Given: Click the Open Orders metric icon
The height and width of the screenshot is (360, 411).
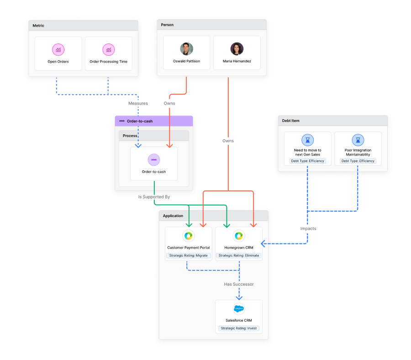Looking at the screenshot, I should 58,49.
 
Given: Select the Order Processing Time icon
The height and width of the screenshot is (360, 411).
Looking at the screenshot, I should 108,49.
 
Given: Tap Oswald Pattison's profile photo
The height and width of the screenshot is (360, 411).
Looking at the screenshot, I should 186,49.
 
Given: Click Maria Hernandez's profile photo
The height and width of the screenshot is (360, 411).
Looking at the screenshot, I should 237,49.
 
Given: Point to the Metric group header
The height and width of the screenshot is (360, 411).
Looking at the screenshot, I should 39,26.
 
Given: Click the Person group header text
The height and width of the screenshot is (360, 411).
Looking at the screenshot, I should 168,25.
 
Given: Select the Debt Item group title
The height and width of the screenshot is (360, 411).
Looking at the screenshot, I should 290,121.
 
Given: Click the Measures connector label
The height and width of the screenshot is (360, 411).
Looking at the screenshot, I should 137,103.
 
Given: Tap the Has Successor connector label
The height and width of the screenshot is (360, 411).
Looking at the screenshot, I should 238,284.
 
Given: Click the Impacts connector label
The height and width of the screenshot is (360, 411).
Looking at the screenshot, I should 308,228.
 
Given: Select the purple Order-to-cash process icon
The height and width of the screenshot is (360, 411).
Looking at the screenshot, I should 154,159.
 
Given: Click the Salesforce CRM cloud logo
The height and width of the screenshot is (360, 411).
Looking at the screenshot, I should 238,308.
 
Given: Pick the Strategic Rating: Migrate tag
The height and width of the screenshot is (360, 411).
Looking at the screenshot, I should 188,255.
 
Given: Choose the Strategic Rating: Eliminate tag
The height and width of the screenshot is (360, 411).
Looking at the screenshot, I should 238,255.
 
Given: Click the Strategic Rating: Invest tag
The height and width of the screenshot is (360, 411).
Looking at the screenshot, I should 238,328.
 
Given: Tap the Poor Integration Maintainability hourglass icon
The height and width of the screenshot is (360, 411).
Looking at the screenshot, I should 358,140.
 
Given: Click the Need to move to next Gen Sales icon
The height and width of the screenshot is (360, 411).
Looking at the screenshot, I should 307,140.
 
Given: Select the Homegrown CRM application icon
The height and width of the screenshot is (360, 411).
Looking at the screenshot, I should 238,236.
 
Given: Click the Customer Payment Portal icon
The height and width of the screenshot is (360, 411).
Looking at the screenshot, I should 188,236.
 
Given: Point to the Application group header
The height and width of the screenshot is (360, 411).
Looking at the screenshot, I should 173,216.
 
